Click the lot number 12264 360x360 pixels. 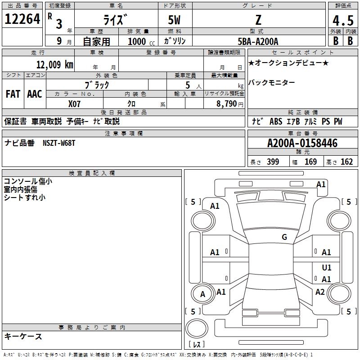[x=22, y=19]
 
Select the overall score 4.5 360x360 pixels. [x=343, y=21]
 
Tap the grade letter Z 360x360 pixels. [x=258, y=20]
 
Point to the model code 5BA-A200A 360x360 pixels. [x=258, y=41]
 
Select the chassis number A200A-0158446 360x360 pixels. [x=302, y=143]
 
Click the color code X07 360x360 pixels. [x=75, y=103]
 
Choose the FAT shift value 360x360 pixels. [x=13, y=94]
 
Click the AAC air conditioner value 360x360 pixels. [x=34, y=94]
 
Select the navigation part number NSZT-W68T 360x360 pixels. [x=59, y=143]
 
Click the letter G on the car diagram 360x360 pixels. [x=284, y=237]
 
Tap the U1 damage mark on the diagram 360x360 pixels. [x=327, y=268]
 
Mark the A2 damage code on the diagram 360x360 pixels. [x=320, y=292]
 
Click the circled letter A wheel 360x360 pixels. [x=202, y=294]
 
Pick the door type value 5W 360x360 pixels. [x=175, y=20]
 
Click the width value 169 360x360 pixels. [x=310, y=162]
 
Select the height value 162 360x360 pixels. [x=346, y=162]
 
